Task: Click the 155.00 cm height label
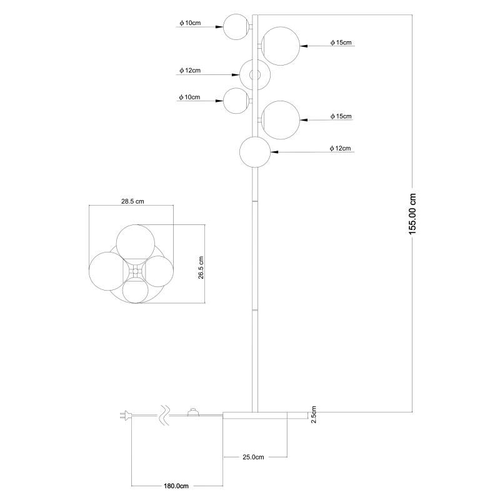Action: click(x=412, y=214)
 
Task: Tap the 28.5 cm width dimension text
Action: click(x=132, y=201)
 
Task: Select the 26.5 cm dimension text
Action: click(x=201, y=267)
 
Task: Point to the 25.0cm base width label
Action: click(x=253, y=457)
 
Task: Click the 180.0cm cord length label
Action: click(x=176, y=486)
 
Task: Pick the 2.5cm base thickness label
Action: click(x=314, y=414)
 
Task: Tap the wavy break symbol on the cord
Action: click(x=164, y=416)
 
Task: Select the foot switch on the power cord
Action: click(x=192, y=412)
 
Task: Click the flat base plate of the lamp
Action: click(x=265, y=415)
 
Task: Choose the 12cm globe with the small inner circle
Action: click(x=255, y=75)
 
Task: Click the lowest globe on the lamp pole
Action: click(x=255, y=152)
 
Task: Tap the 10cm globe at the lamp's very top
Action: click(x=236, y=27)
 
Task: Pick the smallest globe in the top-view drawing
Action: click(x=135, y=290)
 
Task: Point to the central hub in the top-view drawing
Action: click(x=135, y=271)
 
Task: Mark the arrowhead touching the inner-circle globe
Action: click(x=236, y=75)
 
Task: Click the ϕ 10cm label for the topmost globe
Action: click(x=190, y=23)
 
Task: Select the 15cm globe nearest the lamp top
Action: click(x=280, y=46)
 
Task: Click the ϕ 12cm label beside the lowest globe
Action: click(x=340, y=148)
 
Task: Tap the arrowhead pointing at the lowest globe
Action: click(x=274, y=152)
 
